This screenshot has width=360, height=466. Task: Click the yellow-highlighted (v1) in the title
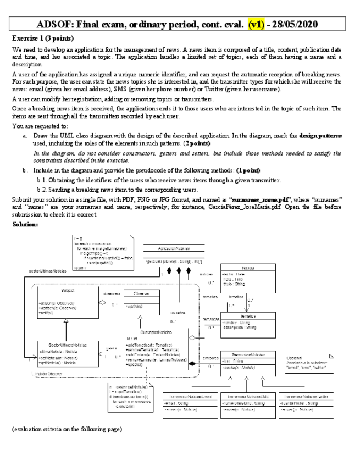257,25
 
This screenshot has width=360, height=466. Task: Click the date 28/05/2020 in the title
299,25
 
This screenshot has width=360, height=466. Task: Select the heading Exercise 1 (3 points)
42,38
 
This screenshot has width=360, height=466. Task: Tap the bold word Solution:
26,225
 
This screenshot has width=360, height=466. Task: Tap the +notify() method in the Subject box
46,312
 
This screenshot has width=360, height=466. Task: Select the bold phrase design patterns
321,135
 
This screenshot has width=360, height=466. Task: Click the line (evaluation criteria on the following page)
67,428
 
